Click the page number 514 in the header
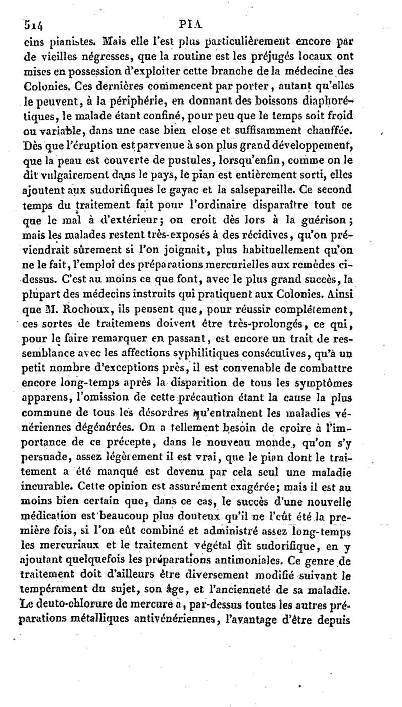click(23, 23)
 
